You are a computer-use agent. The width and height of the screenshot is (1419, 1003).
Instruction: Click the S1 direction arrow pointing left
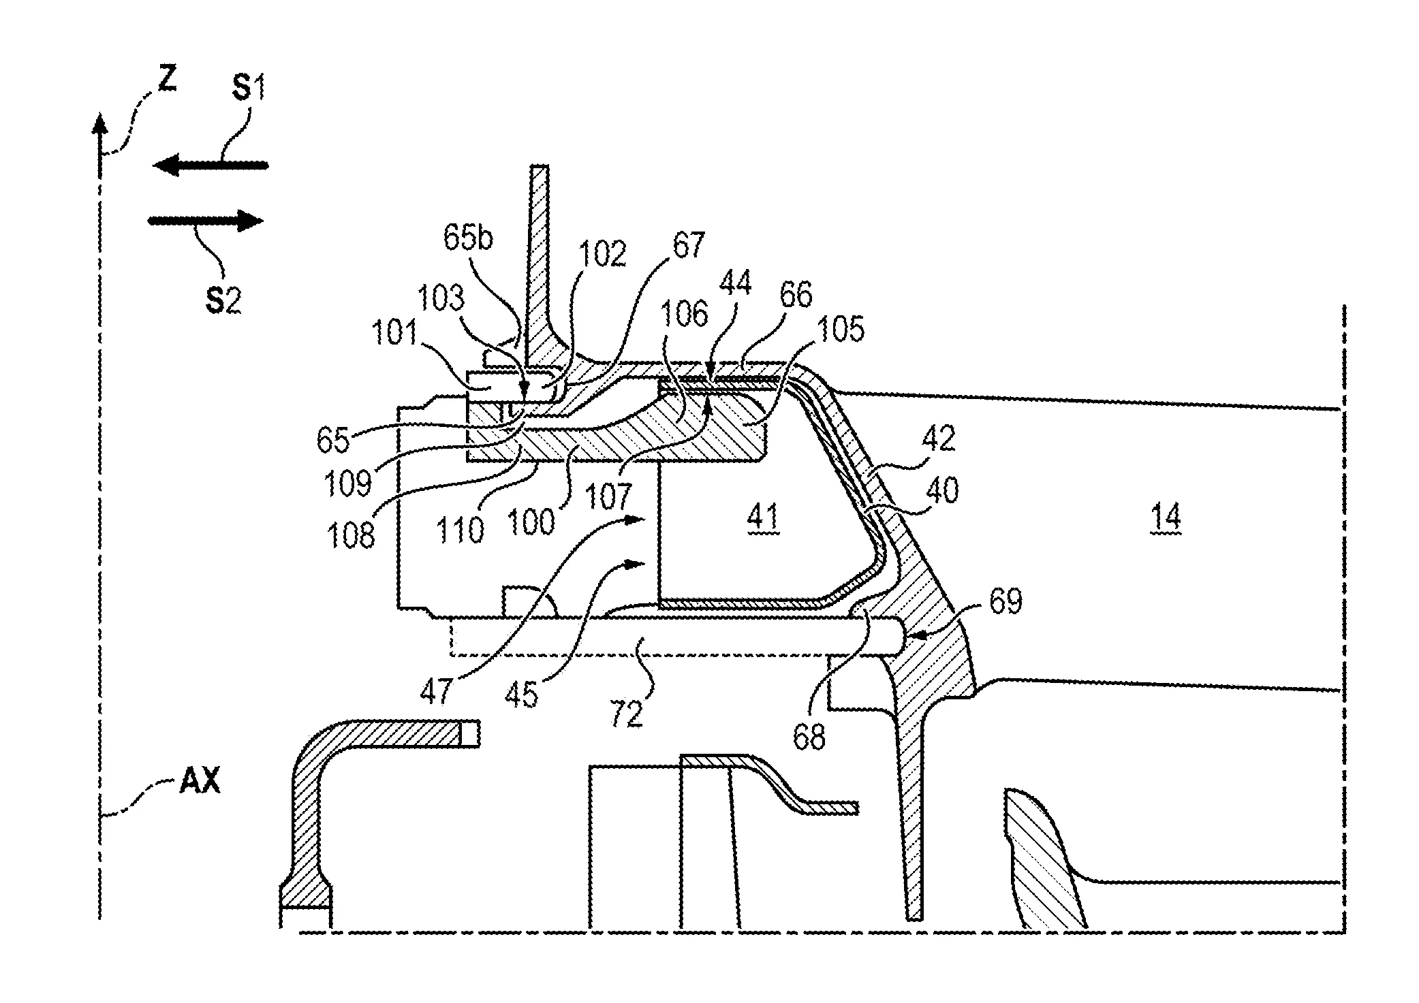point(210,165)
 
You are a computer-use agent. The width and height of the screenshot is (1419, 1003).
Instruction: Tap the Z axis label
point(168,80)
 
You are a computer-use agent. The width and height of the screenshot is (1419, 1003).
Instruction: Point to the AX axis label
point(200,782)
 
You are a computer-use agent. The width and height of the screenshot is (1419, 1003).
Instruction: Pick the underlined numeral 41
point(762,519)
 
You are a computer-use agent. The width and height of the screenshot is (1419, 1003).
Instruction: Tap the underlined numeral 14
point(1166,519)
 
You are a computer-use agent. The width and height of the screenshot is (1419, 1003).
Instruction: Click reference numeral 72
point(627,714)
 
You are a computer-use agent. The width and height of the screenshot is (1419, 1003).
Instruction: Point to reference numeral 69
point(1005,602)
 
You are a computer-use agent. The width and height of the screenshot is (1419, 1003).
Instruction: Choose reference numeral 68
point(809,737)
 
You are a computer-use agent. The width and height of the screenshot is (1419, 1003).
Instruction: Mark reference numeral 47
point(436,690)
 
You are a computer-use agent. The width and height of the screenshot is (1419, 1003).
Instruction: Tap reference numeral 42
point(938,439)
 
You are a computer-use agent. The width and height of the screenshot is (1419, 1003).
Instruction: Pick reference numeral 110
point(461,528)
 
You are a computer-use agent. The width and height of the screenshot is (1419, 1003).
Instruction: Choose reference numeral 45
point(522,695)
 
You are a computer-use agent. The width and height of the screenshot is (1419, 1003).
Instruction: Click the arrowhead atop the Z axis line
point(100,124)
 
